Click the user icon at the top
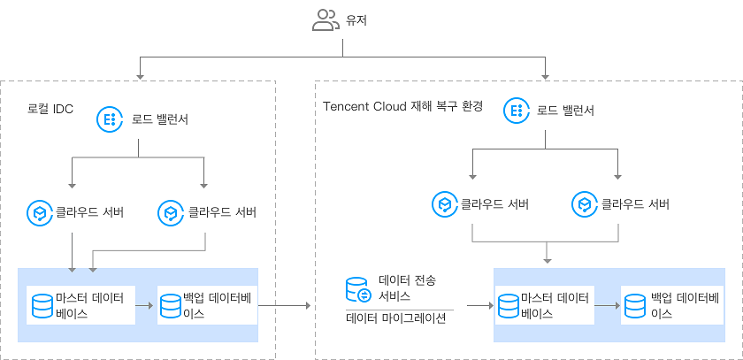click(325, 20)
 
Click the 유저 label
click(357, 20)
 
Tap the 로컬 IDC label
click(50, 110)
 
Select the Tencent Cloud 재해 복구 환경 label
click(402, 106)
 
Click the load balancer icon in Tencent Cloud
click(516, 111)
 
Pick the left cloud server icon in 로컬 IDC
click(39, 212)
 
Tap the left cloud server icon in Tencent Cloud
click(443, 204)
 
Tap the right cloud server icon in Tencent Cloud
click(584, 204)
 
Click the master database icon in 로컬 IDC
click(41, 306)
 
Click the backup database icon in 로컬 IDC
click(171, 306)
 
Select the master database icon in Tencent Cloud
click(508, 306)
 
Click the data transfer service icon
click(357, 289)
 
